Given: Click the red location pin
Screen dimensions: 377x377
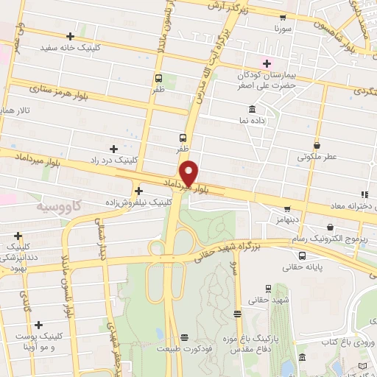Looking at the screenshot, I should coord(189,173).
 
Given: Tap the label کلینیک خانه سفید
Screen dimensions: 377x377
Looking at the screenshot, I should coord(70,47).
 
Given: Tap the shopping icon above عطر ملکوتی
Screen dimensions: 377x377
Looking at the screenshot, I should coord(317,145).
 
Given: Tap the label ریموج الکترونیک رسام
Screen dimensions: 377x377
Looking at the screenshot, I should coord(317,239).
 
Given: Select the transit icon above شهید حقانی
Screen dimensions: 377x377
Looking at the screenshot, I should coord(267,289).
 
